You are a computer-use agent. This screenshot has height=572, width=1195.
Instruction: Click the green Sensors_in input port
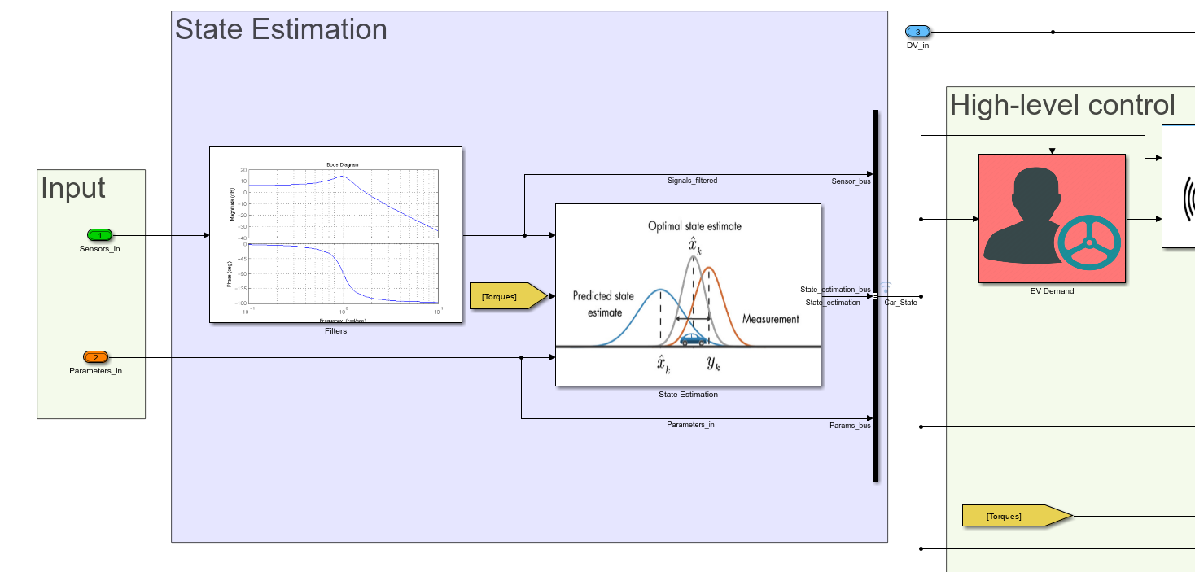(x=100, y=236)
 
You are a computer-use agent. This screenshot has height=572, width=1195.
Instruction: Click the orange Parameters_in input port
(x=95, y=357)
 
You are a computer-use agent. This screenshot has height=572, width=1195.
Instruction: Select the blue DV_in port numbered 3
(x=917, y=32)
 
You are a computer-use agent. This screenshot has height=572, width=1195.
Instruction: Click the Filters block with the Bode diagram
(x=335, y=234)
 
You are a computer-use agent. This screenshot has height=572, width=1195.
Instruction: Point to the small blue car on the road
(x=693, y=339)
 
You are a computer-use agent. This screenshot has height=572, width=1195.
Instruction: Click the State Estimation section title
(x=281, y=29)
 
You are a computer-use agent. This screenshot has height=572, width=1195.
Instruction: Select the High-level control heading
(x=1062, y=105)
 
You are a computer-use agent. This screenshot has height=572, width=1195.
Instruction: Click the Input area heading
(x=73, y=188)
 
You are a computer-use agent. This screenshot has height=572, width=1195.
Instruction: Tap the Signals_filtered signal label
(x=692, y=181)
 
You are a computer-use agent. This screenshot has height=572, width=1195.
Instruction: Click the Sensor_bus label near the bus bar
(x=851, y=181)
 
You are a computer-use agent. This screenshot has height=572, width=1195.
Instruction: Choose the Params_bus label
(x=850, y=426)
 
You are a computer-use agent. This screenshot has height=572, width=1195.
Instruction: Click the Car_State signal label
(x=901, y=303)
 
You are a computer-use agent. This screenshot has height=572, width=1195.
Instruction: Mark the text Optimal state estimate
(x=694, y=225)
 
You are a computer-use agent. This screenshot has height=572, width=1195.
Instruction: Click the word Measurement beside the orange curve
(x=770, y=319)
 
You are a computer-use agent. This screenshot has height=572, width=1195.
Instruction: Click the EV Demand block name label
(x=1052, y=290)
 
